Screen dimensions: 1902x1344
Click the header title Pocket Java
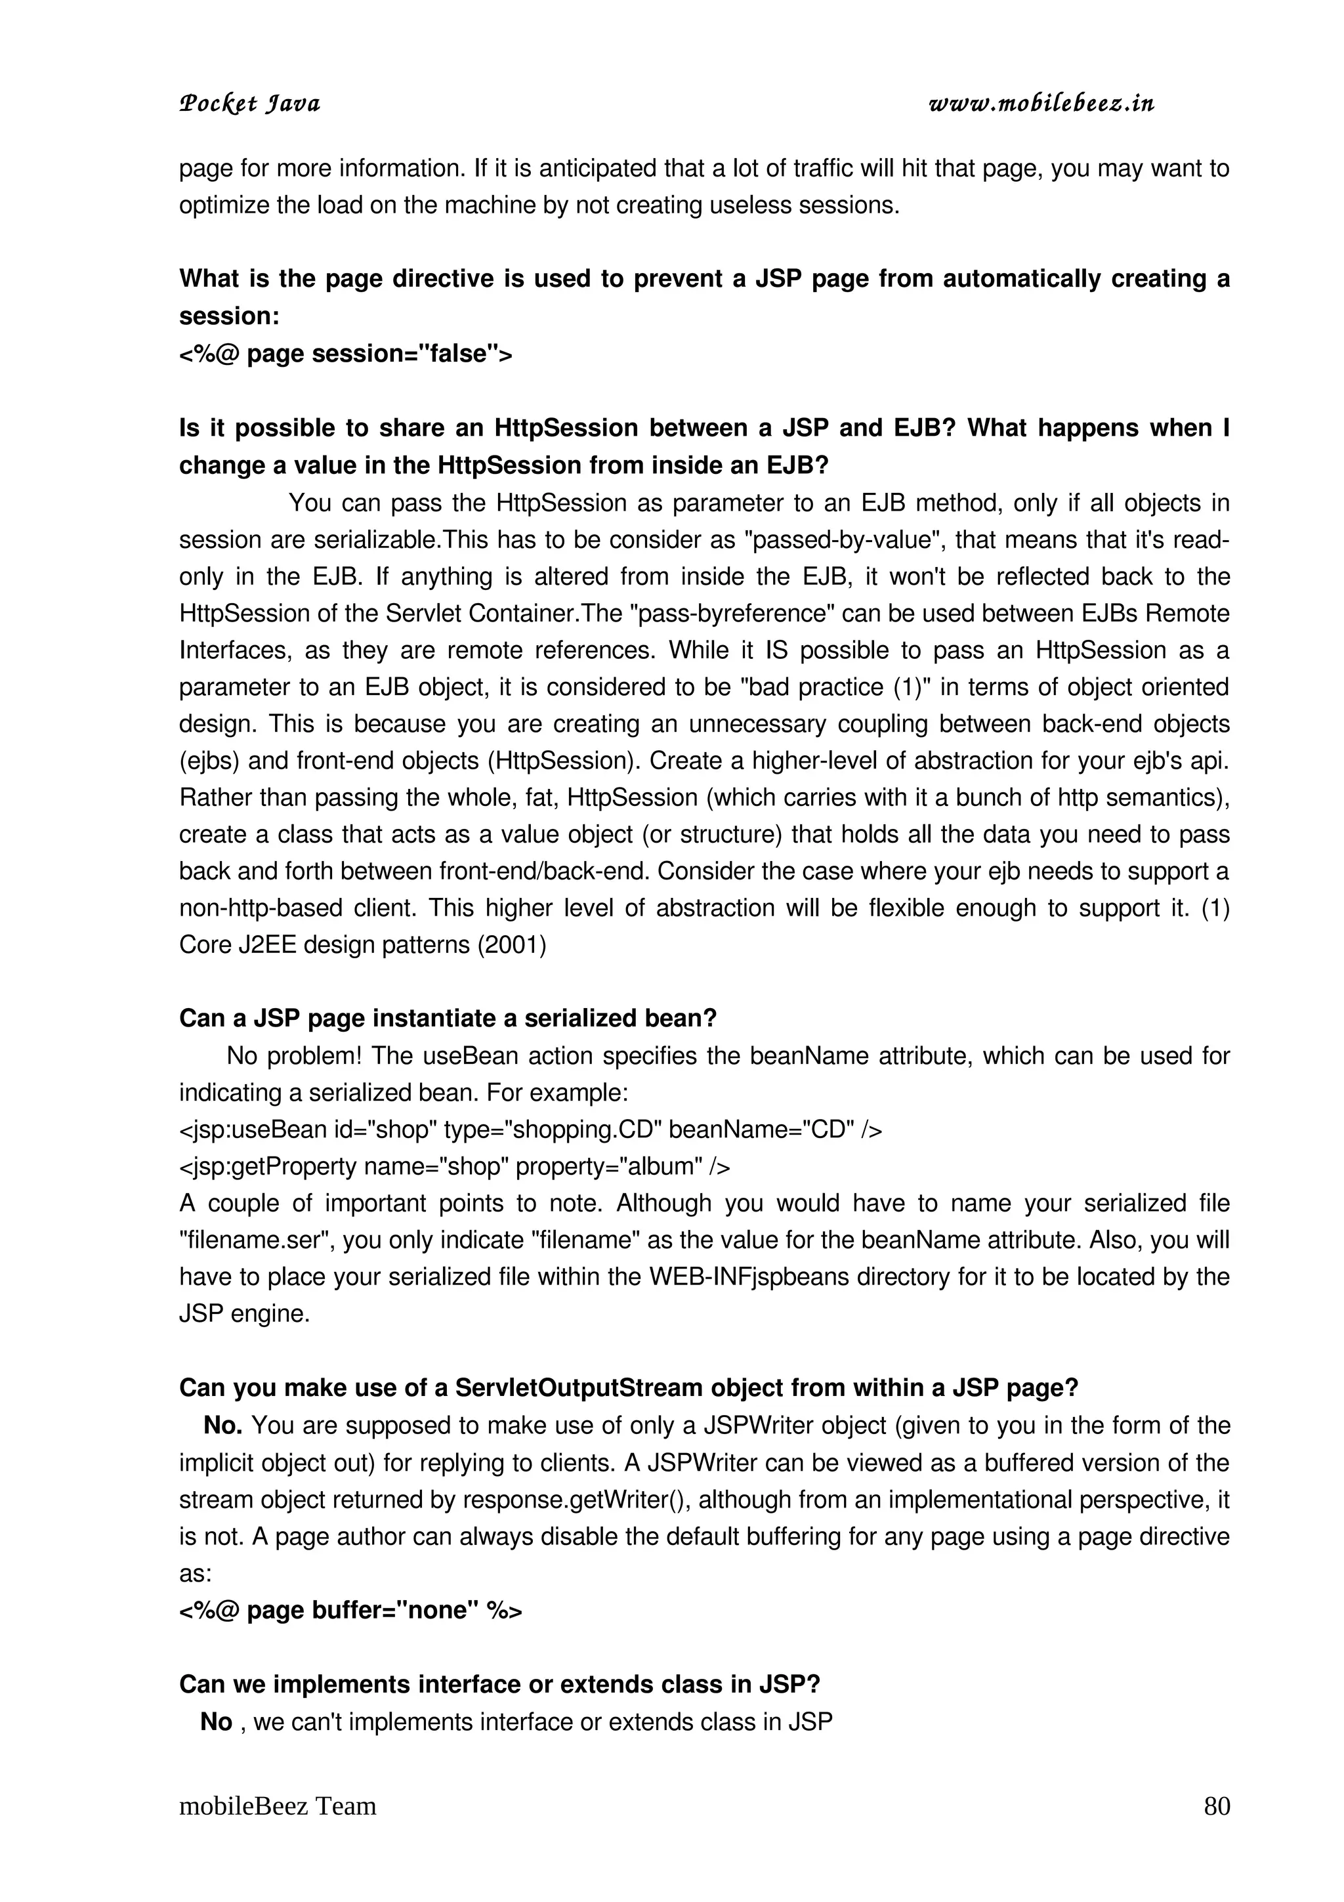249,104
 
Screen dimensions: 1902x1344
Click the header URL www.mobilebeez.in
1041,104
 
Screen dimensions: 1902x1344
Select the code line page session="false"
345,354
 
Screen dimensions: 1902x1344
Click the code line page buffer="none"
350,1611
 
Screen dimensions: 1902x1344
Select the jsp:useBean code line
530,1130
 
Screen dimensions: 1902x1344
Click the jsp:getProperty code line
453,1166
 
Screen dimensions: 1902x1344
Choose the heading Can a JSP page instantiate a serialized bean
447,1018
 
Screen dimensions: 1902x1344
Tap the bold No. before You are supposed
222,1426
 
